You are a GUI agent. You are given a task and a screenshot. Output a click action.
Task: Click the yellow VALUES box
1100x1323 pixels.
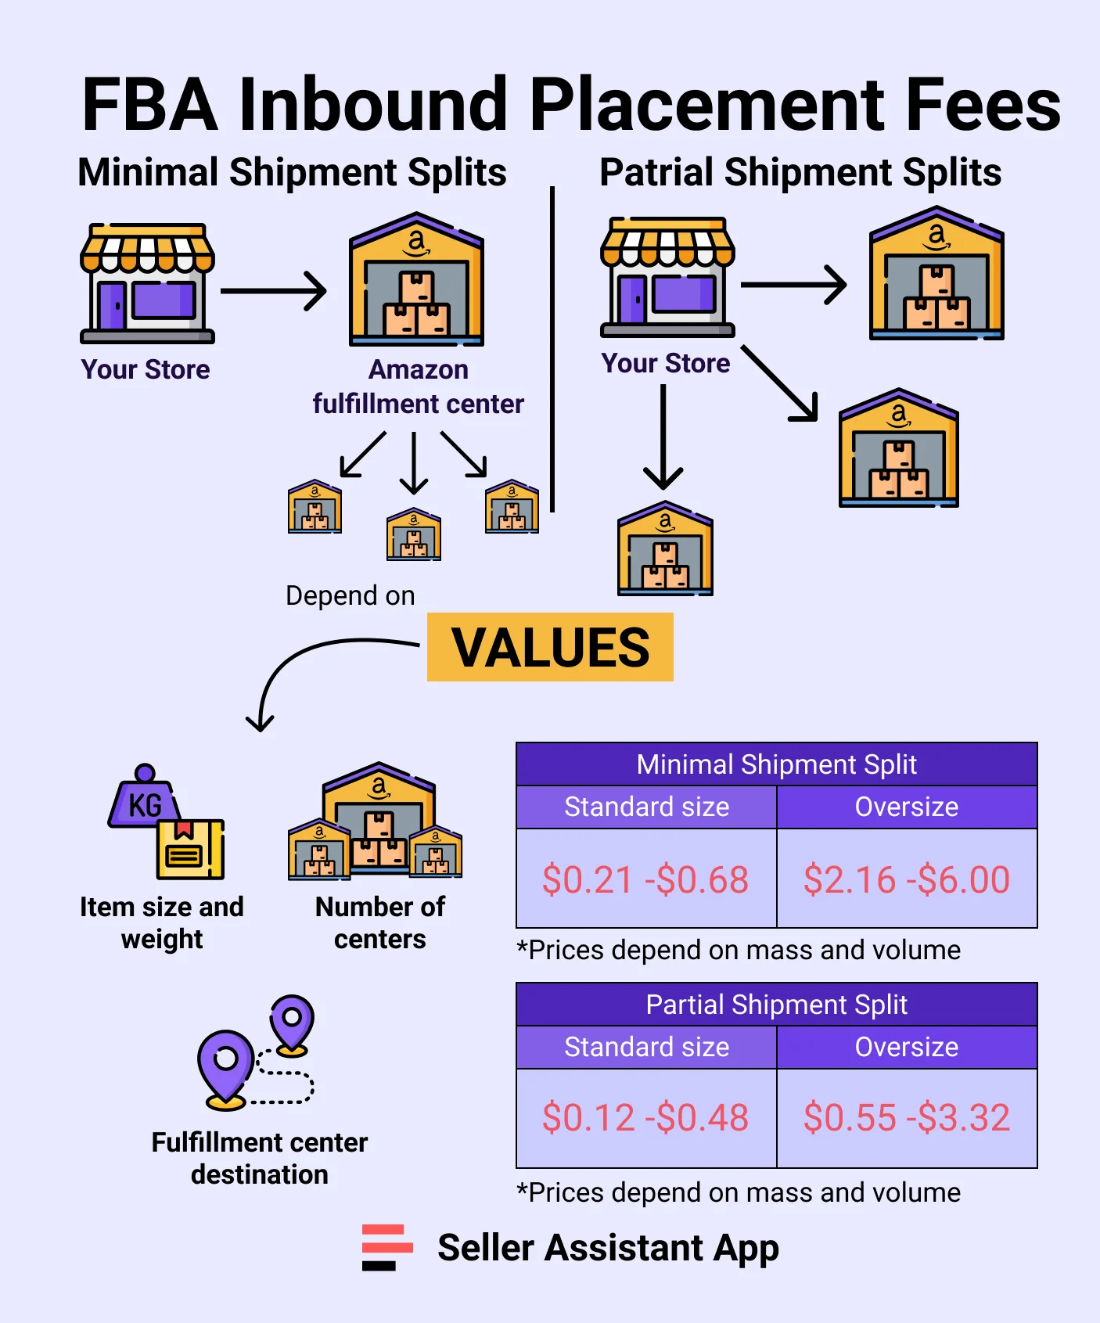coord(550,647)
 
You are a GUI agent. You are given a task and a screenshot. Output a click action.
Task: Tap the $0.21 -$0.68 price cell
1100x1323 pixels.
coord(646,879)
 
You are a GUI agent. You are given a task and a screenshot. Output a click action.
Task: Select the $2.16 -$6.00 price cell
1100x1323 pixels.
coord(907,879)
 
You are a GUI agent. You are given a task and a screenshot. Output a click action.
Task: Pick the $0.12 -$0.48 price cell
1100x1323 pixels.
coord(646,1117)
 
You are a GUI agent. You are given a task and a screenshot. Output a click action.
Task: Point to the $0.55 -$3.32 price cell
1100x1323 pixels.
coord(907,1117)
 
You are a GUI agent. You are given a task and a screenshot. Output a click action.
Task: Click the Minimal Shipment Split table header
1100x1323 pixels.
coord(776,764)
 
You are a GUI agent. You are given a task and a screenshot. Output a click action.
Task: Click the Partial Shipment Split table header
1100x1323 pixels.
coord(776,1005)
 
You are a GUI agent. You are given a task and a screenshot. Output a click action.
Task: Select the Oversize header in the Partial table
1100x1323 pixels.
coord(907,1047)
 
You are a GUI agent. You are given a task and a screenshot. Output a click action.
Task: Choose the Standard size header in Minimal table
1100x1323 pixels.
coord(646,807)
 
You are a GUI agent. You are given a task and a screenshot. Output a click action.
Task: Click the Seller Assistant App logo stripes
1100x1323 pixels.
coord(386,1247)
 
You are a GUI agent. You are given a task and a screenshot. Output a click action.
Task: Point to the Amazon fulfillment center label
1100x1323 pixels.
coord(418,386)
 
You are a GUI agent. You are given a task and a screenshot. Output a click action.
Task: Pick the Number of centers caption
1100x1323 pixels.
coord(380,922)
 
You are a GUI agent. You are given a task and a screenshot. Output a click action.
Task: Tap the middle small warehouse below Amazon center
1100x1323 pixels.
coord(414,534)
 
